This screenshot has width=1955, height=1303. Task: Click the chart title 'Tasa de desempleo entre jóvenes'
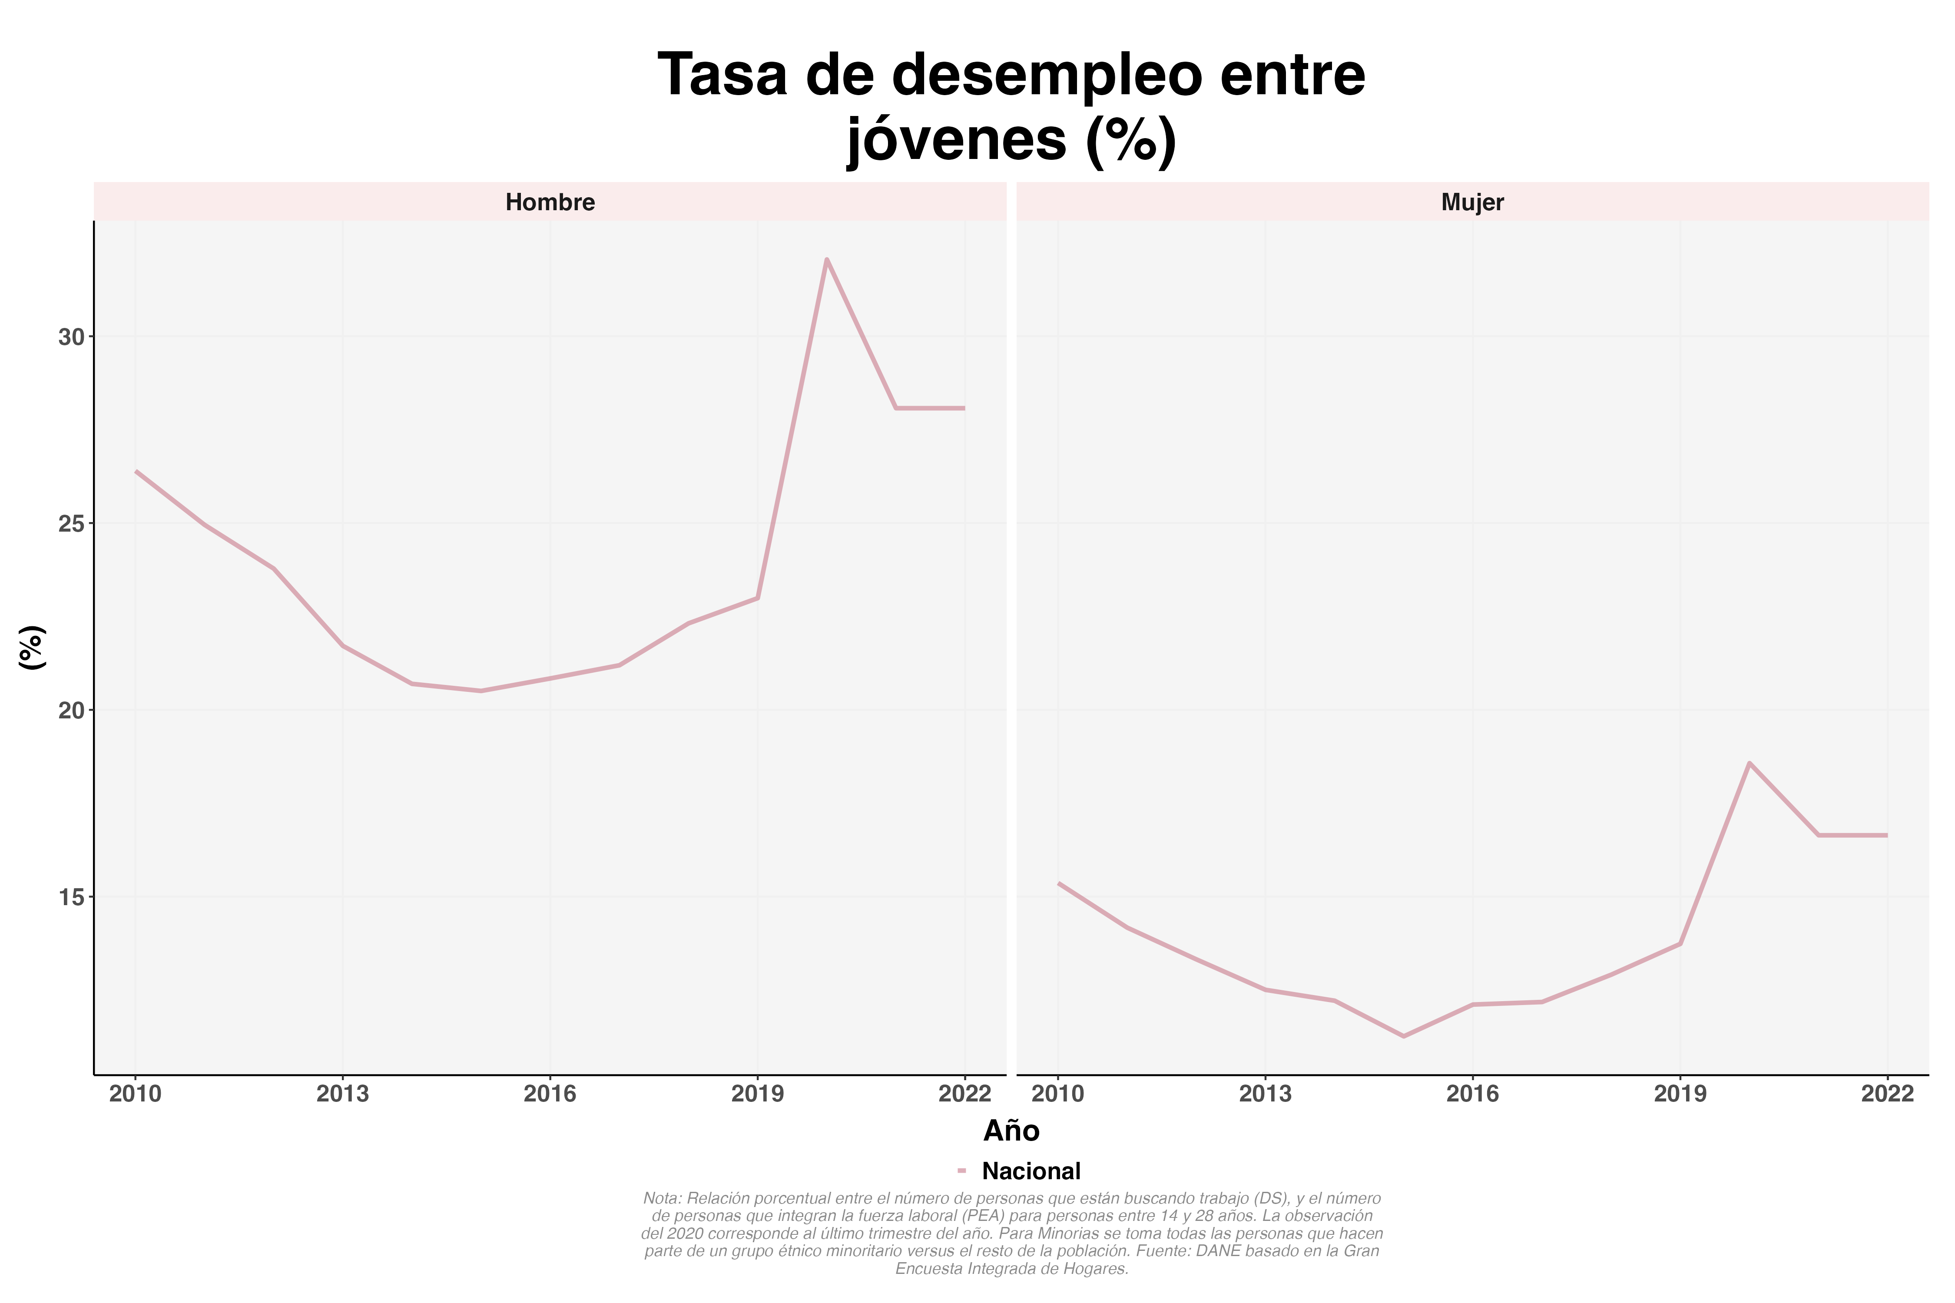pos(1011,106)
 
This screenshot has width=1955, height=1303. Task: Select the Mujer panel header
pos(1472,202)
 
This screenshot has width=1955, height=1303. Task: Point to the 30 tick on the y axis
pos(72,337)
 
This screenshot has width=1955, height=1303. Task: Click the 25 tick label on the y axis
pos(72,523)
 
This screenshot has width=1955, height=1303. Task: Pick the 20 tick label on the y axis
pos(72,711)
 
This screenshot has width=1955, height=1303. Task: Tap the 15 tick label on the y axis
pos(72,897)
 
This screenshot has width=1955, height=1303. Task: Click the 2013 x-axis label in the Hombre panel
pos(342,1094)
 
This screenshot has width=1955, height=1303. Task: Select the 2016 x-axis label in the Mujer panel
pos(1472,1094)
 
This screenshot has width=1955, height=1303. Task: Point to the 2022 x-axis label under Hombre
pos(964,1094)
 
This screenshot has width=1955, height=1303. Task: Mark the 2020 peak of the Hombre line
pos(826,259)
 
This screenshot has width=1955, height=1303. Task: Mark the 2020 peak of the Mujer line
pos(1749,763)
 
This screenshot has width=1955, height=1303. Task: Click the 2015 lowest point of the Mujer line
pos(1403,1036)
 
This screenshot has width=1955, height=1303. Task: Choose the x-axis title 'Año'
pos(1011,1131)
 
